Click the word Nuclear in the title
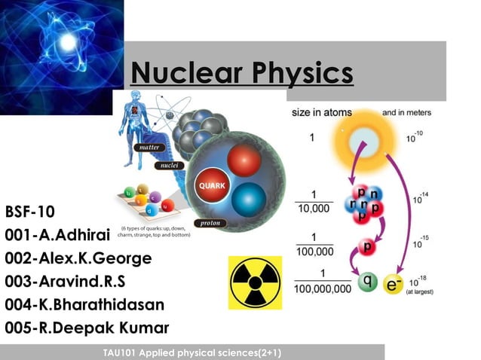181,73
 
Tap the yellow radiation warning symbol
255,282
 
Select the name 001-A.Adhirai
58,234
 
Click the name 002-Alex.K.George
78,258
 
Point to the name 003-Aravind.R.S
72,281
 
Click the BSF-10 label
30,210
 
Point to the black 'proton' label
210,223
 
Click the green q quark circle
367,281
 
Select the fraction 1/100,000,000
323,280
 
